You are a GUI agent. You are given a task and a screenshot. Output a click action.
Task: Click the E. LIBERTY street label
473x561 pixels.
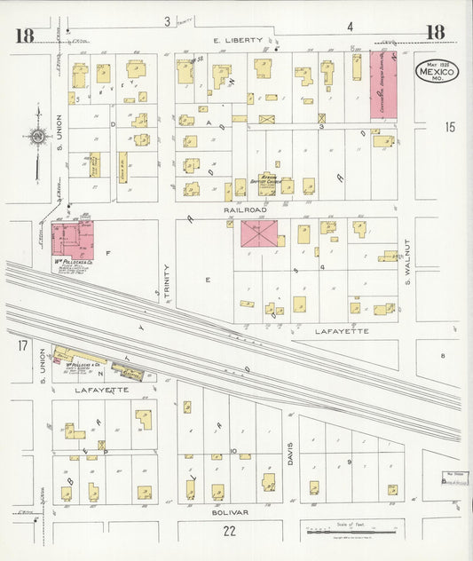pos(240,41)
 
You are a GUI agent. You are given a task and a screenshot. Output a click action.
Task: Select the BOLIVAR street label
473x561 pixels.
pos(230,512)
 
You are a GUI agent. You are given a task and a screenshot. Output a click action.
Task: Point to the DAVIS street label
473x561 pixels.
pos(289,455)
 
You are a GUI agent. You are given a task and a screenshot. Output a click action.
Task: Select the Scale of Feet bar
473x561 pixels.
pos(351,531)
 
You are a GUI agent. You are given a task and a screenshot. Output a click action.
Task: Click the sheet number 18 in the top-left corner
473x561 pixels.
pos(24,36)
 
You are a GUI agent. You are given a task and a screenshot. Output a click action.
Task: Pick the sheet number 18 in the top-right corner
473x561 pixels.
pos(435,33)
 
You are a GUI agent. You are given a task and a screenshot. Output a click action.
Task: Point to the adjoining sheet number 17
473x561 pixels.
pos(22,344)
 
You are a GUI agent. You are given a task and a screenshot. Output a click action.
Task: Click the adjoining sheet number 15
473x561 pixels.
pos(449,128)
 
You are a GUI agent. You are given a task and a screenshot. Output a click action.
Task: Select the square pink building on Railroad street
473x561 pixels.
pos(259,233)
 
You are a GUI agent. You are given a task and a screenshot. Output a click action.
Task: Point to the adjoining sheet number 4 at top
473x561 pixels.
pos(350,26)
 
